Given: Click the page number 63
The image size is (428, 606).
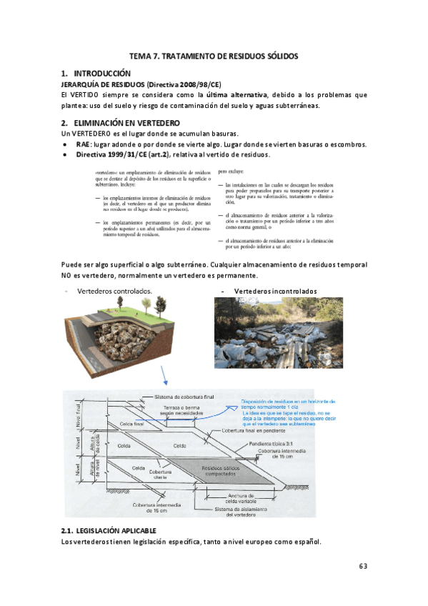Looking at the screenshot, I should point(362,566).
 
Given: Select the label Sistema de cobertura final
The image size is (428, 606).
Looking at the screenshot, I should point(184,397).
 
